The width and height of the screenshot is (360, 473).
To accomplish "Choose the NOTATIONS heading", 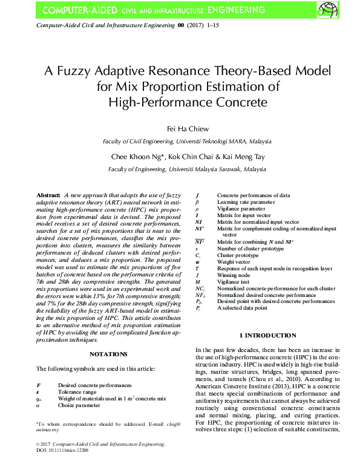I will (x=108, y=353).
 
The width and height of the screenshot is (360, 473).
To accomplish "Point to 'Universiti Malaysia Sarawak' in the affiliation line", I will (x=199, y=170).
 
